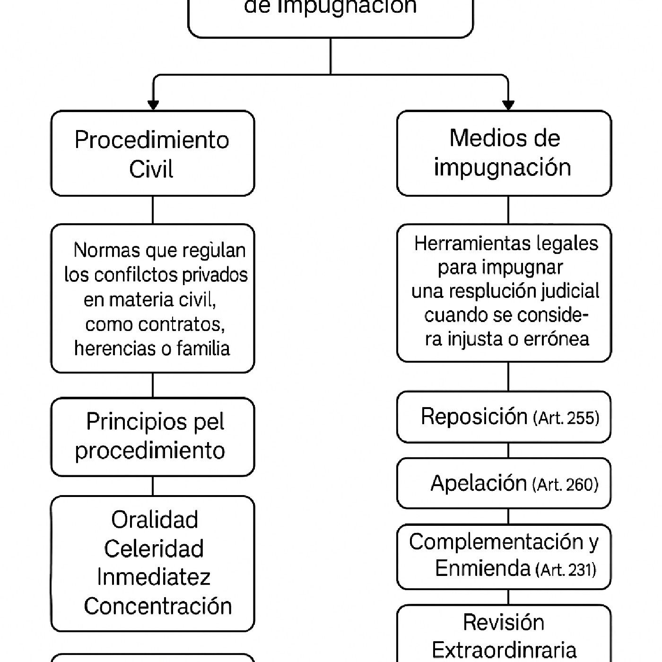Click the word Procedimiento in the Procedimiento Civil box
click(x=152, y=140)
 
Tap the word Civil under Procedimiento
click(x=151, y=169)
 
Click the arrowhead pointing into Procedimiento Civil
click(x=153, y=105)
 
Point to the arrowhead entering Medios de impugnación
click(x=508, y=105)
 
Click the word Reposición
click(x=474, y=417)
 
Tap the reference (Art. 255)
click(x=566, y=418)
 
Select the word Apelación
click(x=479, y=483)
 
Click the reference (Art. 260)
click(x=565, y=485)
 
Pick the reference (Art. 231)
click(x=566, y=570)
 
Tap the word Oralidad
click(x=155, y=520)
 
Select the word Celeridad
click(x=154, y=549)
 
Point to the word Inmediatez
click(x=154, y=577)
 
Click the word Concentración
click(x=158, y=606)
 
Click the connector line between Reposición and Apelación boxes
click(x=508, y=450)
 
